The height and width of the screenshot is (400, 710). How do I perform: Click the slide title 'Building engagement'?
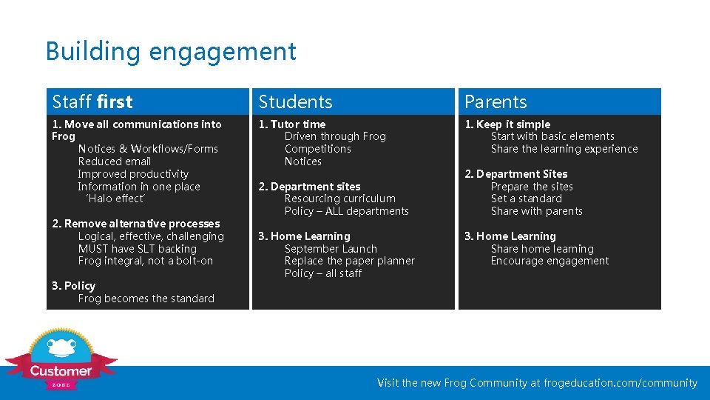[171, 52]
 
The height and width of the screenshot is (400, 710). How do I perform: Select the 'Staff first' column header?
[92, 101]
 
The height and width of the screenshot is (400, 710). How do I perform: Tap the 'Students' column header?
[295, 101]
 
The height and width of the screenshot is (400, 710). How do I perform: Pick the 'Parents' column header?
[496, 101]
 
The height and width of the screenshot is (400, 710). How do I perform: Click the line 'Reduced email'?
[115, 161]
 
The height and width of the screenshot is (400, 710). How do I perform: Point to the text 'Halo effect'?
[116, 199]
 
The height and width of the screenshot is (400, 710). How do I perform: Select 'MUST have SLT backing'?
[138, 249]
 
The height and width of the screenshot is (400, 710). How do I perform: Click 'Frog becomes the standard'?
[146, 299]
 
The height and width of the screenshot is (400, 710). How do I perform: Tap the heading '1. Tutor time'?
[291, 124]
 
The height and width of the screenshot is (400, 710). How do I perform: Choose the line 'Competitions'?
[318, 149]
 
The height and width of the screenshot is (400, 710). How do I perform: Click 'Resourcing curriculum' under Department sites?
[340, 199]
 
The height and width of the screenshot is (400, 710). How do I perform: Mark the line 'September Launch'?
[331, 249]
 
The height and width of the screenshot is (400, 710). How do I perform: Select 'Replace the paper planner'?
[350, 261]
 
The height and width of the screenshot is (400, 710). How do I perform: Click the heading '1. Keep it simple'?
[507, 124]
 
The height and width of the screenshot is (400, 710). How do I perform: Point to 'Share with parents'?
[537, 211]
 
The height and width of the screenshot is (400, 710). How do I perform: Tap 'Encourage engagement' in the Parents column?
[550, 261]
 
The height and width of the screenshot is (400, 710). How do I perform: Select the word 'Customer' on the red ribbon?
[61, 371]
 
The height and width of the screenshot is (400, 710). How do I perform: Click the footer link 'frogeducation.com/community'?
[621, 383]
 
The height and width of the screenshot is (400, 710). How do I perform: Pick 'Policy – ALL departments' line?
[347, 211]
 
